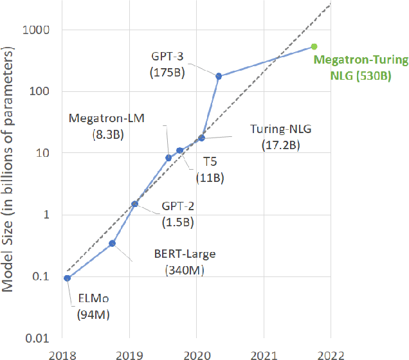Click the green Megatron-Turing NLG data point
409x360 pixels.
314,46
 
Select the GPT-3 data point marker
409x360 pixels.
219,76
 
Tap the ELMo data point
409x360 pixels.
68,278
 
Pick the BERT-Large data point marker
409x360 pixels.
113,243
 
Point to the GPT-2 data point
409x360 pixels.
134,204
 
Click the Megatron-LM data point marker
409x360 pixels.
168,157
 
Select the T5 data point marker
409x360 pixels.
180,150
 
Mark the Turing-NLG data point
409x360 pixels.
201,138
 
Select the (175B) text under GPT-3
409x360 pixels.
168,72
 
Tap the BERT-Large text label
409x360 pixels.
184,254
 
